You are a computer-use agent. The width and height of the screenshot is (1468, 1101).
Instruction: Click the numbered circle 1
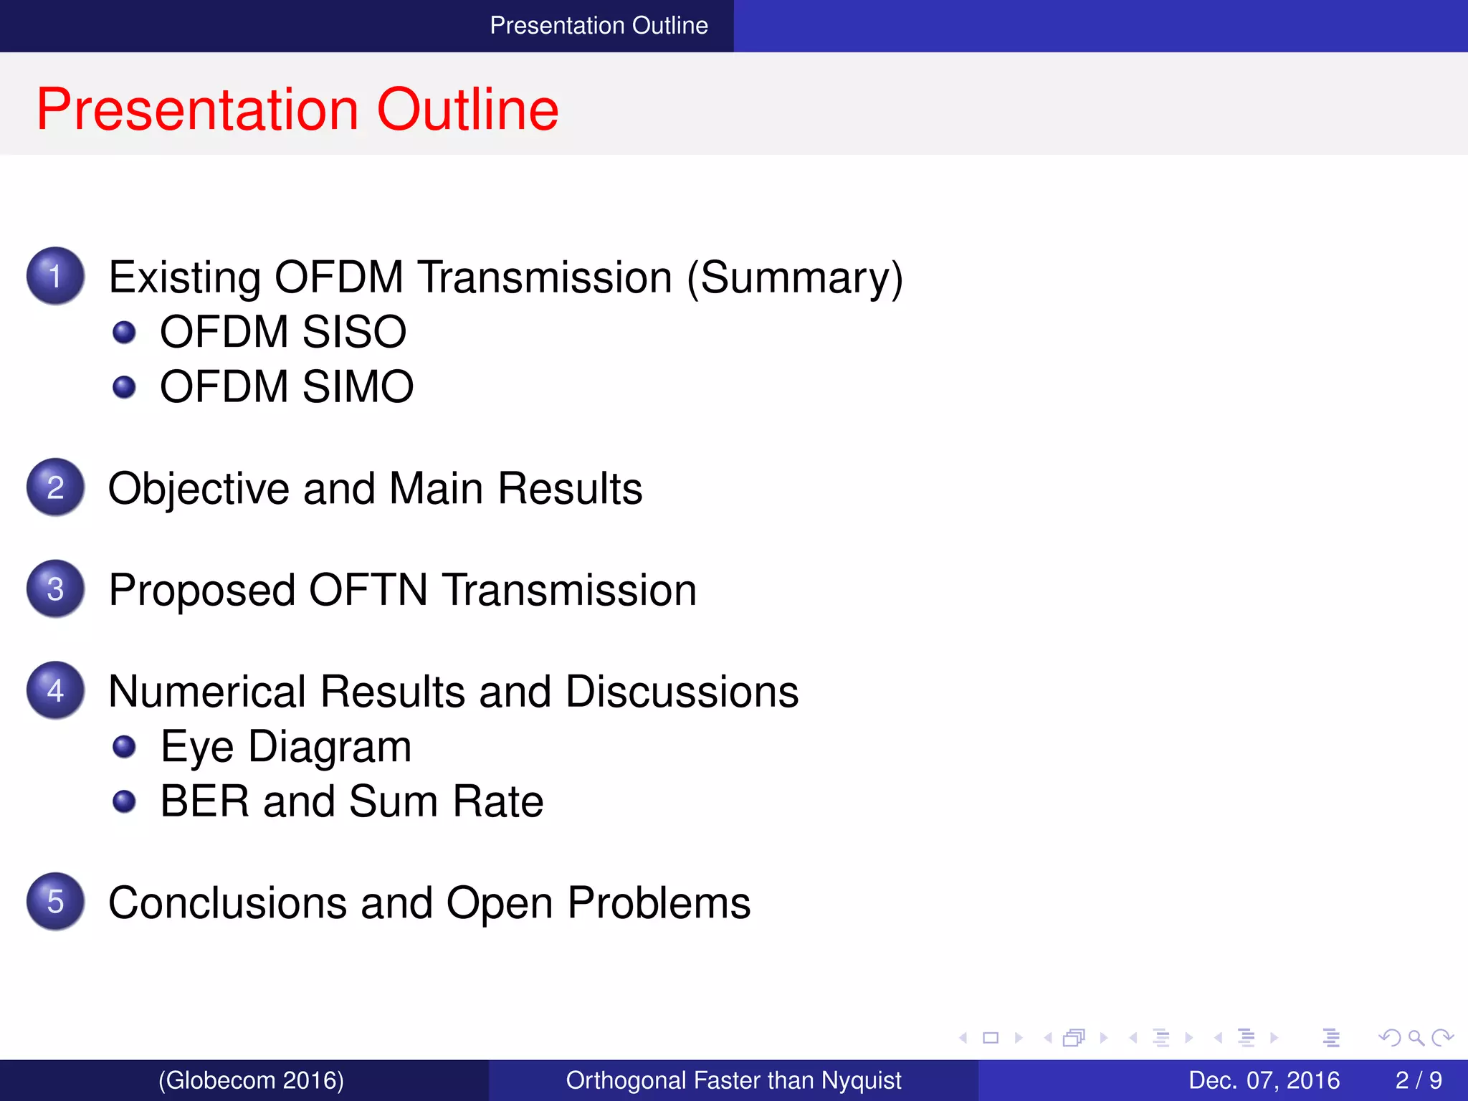click(x=55, y=276)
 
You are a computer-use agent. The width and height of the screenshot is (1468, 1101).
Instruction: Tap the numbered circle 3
click(x=55, y=589)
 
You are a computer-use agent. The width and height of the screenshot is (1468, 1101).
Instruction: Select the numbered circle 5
click(x=55, y=902)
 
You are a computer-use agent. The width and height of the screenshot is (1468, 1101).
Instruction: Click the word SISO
click(x=354, y=332)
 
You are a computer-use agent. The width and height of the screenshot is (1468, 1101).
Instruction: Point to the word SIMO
click(x=358, y=387)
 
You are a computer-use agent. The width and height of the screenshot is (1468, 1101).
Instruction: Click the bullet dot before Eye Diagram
click(x=124, y=747)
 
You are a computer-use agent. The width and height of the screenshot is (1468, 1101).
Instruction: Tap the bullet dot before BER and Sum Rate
click(x=124, y=801)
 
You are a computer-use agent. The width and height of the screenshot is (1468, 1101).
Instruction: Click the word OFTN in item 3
click(x=368, y=590)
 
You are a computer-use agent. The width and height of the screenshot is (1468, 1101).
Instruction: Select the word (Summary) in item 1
click(x=795, y=277)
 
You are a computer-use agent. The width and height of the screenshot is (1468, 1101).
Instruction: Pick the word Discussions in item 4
click(x=682, y=692)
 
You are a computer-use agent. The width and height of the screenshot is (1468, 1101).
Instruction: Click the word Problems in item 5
click(x=659, y=902)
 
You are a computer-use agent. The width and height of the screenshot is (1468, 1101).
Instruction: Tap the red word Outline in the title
click(x=467, y=109)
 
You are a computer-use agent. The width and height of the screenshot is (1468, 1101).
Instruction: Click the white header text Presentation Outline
click(x=599, y=26)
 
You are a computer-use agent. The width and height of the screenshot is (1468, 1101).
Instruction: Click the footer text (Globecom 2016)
click(x=251, y=1080)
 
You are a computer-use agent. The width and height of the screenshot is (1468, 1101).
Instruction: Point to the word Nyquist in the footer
click(x=861, y=1080)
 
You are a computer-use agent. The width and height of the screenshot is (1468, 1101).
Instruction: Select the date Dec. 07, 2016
click(x=1264, y=1080)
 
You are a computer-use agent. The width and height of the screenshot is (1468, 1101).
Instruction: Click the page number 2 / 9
click(x=1418, y=1080)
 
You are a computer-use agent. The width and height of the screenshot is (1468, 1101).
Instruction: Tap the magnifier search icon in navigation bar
click(x=1416, y=1038)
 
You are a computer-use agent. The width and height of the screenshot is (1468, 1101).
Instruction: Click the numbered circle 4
click(x=55, y=690)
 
